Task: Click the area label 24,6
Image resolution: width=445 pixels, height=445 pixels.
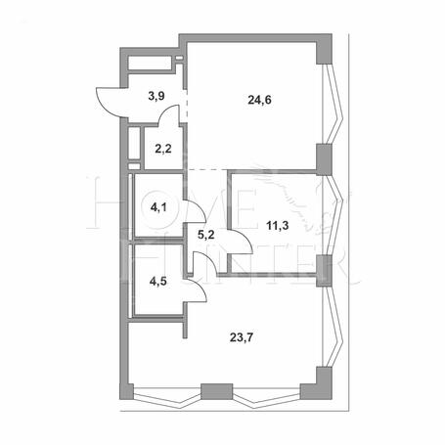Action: click(259, 100)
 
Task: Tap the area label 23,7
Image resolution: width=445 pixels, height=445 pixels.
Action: click(242, 337)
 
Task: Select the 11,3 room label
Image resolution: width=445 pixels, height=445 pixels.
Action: click(278, 225)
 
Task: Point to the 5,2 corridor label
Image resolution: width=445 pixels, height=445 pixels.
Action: click(206, 234)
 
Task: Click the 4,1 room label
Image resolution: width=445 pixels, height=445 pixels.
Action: click(158, 206)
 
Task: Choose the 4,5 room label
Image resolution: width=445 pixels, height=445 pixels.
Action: click(158, 281)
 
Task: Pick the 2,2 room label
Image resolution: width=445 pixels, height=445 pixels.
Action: click(163, 150)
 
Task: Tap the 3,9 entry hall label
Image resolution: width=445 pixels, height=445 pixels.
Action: click(156, 96)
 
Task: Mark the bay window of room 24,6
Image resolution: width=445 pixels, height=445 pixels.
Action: click(334, 104)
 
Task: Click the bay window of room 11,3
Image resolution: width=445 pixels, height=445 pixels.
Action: click(335, 215)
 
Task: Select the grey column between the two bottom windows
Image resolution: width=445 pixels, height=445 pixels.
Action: click(217, 391)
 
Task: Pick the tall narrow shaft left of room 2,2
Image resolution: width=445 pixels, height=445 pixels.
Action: click(134, 143)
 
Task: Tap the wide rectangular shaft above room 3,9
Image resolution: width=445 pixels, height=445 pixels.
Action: click(150, 64)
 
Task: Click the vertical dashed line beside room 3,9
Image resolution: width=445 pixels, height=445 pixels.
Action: click(187, 105)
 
